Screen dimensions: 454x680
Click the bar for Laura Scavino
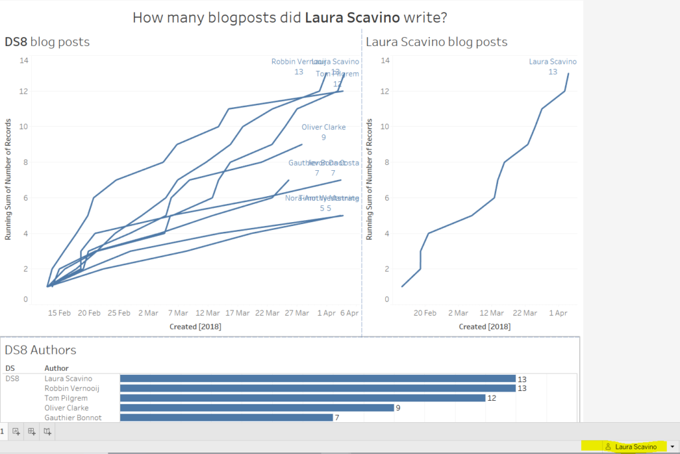317,378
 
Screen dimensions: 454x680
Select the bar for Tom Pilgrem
302,397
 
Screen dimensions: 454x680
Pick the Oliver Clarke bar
256,407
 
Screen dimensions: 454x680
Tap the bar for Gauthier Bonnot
226,417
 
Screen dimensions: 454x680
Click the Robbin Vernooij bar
317,388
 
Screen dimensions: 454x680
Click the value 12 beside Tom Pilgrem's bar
492,398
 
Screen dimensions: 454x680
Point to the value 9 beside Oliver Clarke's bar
398,408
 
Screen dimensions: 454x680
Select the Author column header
56,368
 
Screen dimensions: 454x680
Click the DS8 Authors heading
41,350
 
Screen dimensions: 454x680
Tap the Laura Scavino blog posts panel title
436,43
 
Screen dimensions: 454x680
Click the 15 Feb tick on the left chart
60,312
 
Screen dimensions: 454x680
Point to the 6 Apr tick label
349,312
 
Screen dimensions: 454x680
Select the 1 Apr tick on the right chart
558,312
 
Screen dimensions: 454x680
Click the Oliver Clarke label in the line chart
323,127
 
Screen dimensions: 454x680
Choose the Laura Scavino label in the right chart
552,62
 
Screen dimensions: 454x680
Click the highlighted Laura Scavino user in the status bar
636,447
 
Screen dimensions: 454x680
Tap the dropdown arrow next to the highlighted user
673,447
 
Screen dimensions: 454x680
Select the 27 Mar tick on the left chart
297,312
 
